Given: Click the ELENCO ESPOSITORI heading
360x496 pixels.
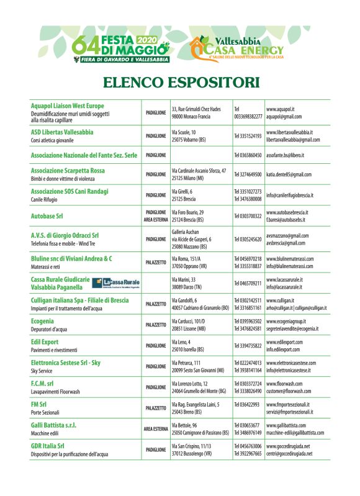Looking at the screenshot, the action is click(180, 81).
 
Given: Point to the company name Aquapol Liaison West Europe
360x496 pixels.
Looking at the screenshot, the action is click(68, 106).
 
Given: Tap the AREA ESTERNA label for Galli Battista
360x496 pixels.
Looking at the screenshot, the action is click(156, 411).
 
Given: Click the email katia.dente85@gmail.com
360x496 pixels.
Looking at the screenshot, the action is click(289, 175).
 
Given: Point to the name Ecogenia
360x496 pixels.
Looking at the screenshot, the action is click(42, 321).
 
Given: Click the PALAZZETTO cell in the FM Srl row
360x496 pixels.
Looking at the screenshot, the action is click(155, 390).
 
